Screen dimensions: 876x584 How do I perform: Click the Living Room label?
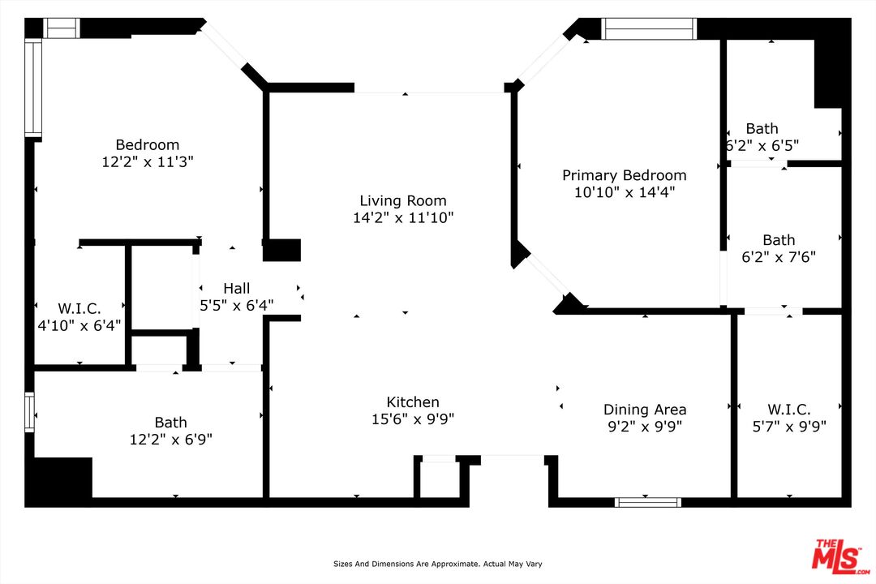coord(403,200)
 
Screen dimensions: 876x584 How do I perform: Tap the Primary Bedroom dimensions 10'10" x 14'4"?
coord(625,192)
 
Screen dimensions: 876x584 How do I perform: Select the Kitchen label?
coord(413,401)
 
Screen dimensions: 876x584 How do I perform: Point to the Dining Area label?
coord(645,410)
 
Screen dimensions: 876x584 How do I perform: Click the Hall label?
coord(236,289)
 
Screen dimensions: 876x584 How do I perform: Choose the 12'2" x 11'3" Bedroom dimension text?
coord(148,162)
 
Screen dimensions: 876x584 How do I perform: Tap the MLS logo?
coord(841,556)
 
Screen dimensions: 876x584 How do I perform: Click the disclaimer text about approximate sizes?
coord(437,564)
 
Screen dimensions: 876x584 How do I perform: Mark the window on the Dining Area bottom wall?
coord(648,502)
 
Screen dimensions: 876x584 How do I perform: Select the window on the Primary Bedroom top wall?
coord(649,28)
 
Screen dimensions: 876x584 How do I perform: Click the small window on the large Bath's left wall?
coord(30,412)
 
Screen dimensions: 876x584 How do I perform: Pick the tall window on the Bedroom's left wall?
coord(33,88)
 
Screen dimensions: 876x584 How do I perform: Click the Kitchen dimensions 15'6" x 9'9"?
coord(413,419)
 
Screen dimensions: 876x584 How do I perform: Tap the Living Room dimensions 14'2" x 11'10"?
coord(403,217)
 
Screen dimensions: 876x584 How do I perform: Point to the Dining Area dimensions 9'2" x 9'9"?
coord(645,427)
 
